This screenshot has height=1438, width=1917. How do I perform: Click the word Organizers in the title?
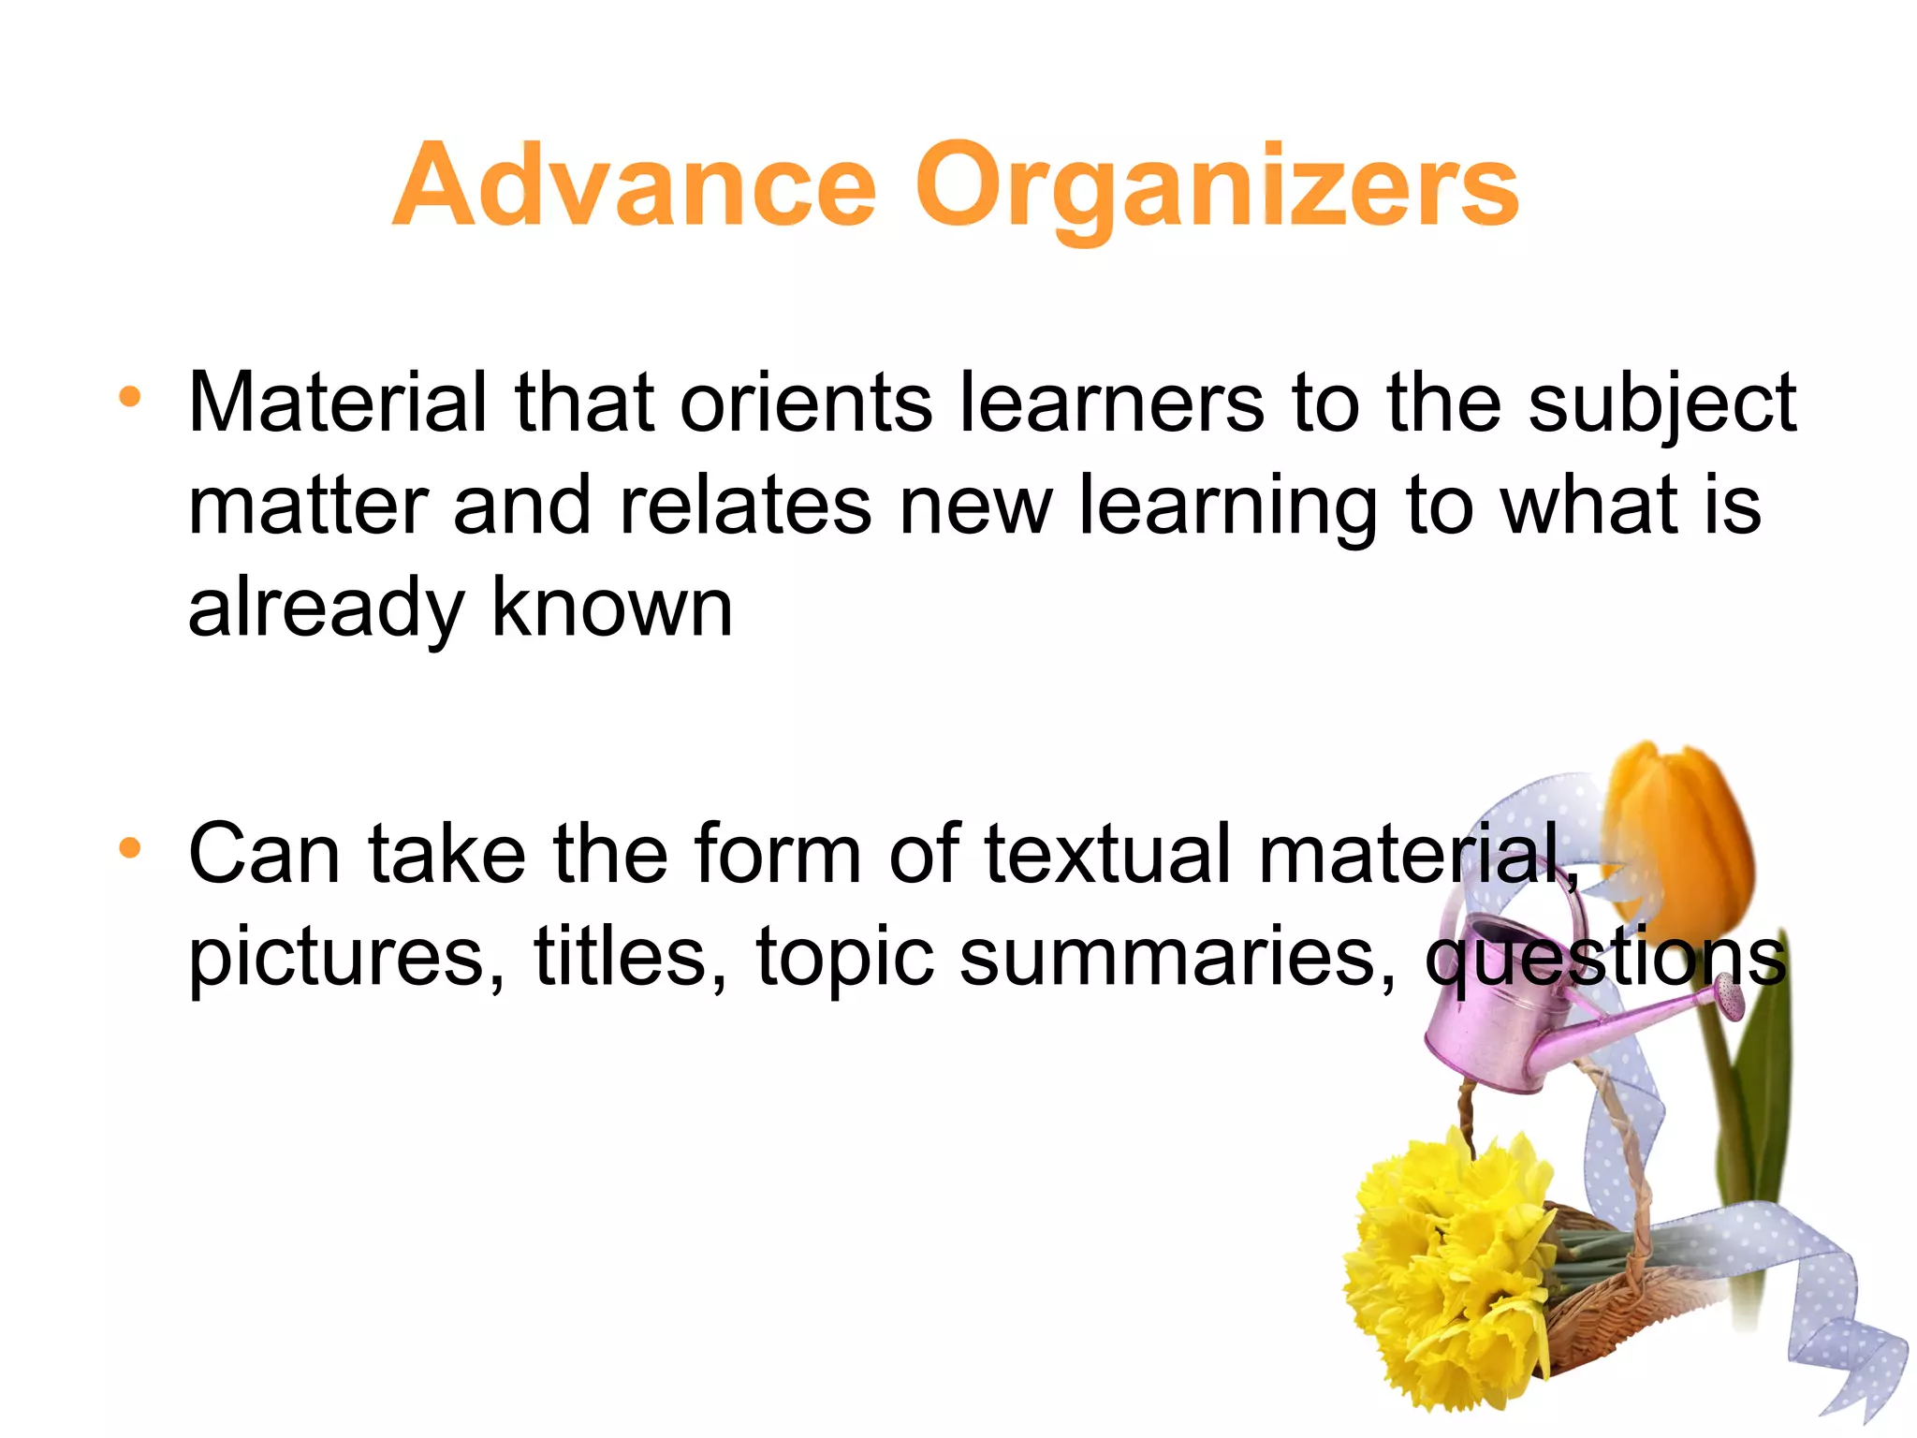pyautogui.click(x=1217, y=187)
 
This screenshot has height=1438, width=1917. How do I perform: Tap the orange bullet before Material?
pyautogui.click(x=130, y=397)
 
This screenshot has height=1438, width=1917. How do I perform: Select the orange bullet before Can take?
pyautogui.click(x=130, y=848)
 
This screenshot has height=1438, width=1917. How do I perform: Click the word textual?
pyautogui.click(x=1108, y=854)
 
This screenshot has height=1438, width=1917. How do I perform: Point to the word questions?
pyautogui.click(x=1605, y=959)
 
